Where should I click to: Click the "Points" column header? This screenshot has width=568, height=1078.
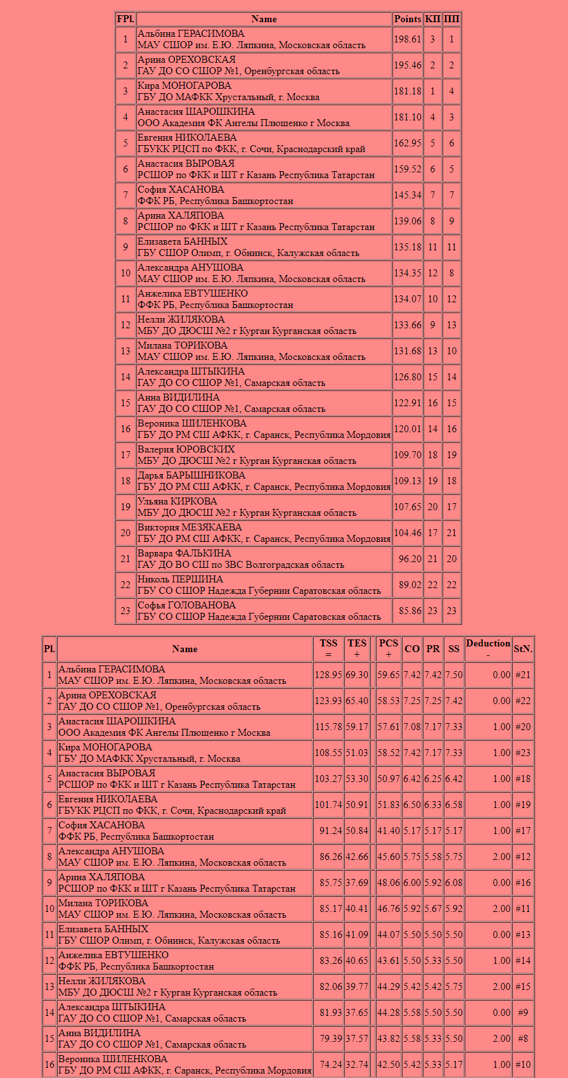point(407,19)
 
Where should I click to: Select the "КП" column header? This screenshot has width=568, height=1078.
point(432,19)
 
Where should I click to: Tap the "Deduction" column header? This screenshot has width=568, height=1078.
point(488,648)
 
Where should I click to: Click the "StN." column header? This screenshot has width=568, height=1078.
point(523,648)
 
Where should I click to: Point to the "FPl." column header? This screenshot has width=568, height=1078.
point(125,19)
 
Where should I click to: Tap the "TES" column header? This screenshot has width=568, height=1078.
point(357,648)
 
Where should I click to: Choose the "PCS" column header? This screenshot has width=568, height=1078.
point(389,648)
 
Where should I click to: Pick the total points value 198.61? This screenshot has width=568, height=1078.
point(407,39)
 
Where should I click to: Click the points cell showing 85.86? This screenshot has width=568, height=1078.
point(407,611)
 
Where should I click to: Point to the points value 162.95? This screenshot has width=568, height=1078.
point(407,143)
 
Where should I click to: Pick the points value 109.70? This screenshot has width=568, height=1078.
point(407,455)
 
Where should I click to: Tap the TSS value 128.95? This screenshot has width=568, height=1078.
point(328,675)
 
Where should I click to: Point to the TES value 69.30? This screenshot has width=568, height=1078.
point(357,675)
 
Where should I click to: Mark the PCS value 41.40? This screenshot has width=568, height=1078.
point(389,831)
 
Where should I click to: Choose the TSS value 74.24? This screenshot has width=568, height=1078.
point(328,1065)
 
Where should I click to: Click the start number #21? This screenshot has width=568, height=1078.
point(523,675)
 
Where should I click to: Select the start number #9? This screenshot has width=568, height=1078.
point(523,1013)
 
